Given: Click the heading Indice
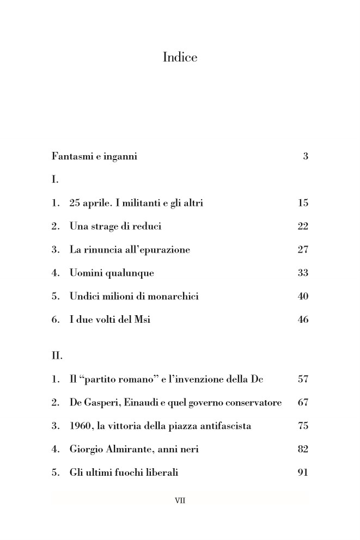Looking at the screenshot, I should coord(180,57).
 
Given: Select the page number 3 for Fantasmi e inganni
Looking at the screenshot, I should coord(306,157).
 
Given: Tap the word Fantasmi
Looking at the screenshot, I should coord(72,157).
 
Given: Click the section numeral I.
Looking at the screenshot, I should coord(54,179).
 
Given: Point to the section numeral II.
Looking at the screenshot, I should coord(57,357).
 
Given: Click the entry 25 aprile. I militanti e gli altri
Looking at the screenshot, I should coord(136,203).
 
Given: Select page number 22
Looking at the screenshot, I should coord(303,226).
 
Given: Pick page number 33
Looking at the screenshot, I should coord(303,273).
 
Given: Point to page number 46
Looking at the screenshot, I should coord(303,320).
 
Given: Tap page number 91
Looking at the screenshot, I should coord(303,473).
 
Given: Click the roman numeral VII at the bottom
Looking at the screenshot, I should coord(180,500).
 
